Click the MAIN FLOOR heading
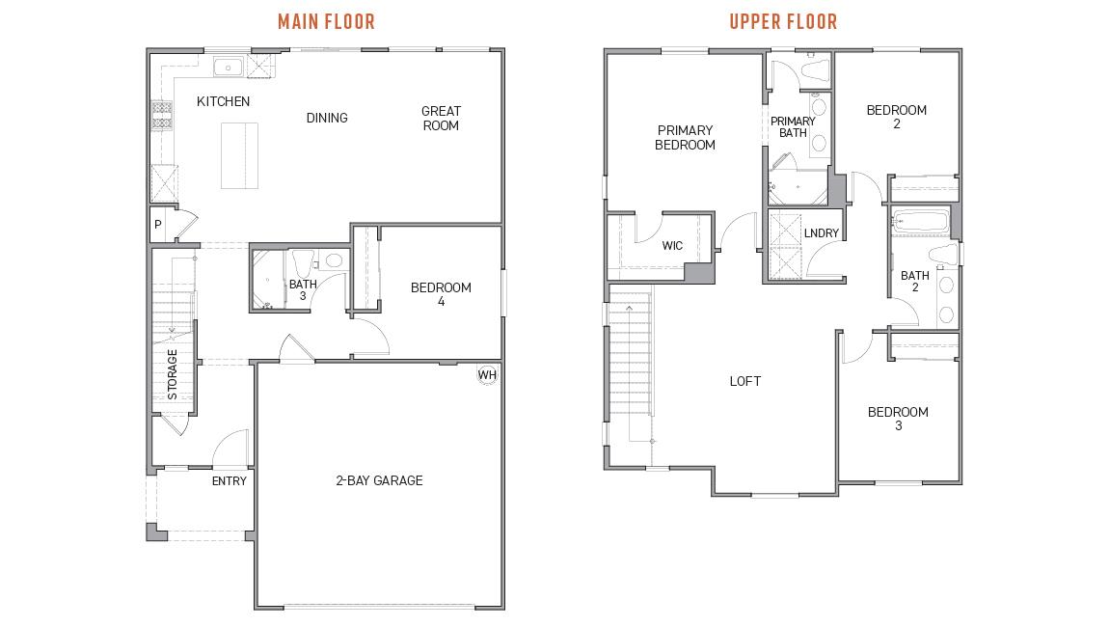point(326,21)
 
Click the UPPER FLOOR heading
point(783,21)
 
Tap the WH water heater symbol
point(487,374)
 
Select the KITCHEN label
point(223,101)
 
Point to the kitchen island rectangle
point(240,155)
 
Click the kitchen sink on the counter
point(228,68)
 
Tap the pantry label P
point(158,225)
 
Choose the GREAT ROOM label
point(441,118)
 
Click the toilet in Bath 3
point(334,260)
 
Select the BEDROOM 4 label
point(441,294)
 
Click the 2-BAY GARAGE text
point(379,480)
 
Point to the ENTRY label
point(229,480)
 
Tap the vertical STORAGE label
point(173,374)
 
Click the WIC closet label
point(672,246)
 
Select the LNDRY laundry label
point(821,233)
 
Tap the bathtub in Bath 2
point(920,221)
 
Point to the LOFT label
point(744,381)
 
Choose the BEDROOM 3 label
point(898,419)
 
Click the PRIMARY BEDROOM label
point(685,137)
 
